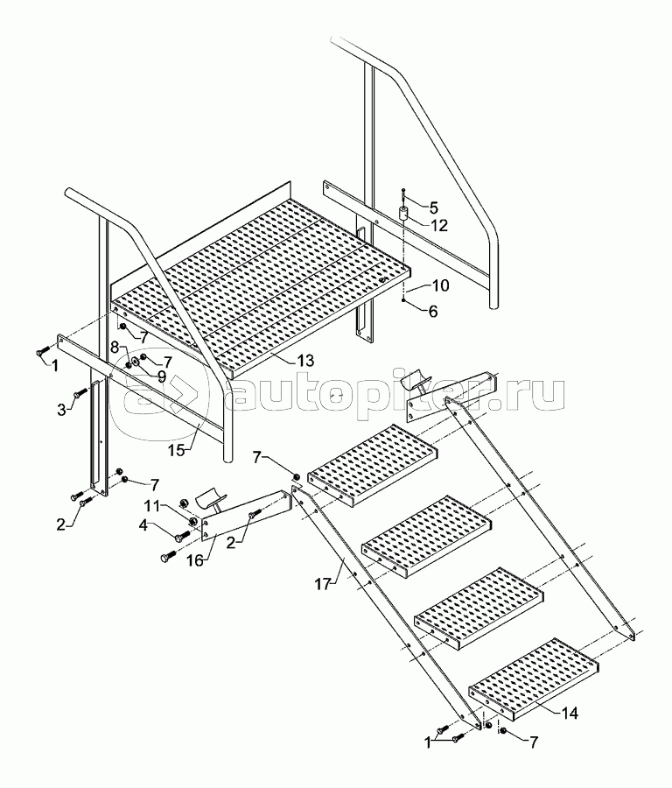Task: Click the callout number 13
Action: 305,361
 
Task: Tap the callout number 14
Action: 569,712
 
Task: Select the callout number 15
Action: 176,450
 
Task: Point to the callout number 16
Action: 195,559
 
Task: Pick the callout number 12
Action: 438,226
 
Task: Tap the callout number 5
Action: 433,208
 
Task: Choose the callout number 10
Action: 440,285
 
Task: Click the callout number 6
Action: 432,312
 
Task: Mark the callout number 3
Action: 61,410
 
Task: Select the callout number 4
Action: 143,525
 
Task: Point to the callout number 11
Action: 153,504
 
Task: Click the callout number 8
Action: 115,347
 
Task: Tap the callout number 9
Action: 161,375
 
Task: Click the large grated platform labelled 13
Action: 261,286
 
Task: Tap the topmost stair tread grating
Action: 372,463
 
